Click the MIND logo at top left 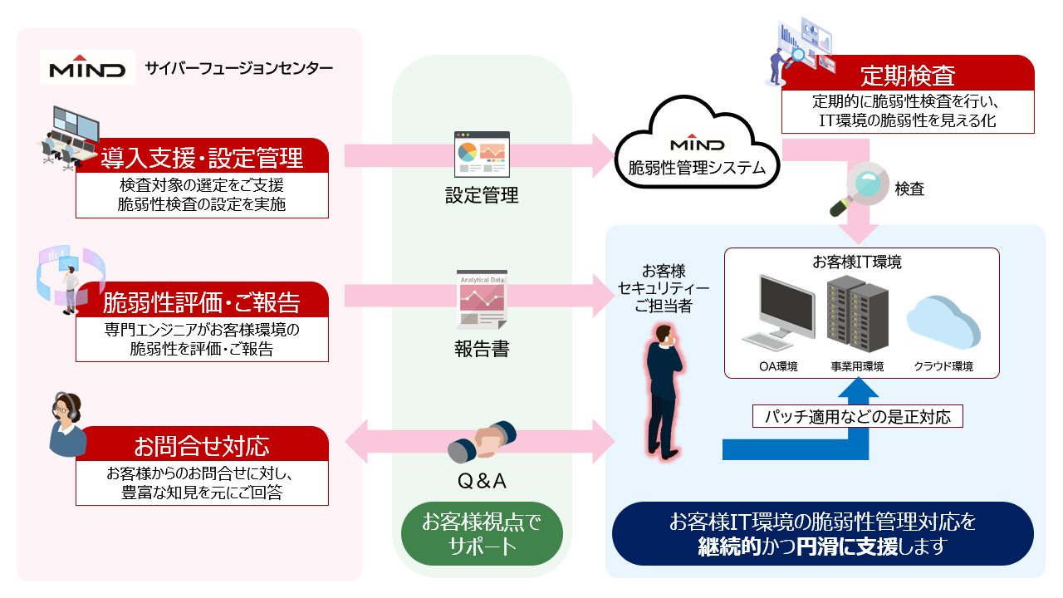(x=87, y=68)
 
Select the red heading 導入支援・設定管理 (x=202, y=156)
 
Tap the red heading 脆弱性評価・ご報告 (x=202, y=300)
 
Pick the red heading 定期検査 (x=908, y=76)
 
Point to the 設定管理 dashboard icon (x=482, y=154)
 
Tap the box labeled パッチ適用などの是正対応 (x=858, y=416)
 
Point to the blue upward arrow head (x=857, y=390)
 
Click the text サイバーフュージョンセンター (x=238, y=68)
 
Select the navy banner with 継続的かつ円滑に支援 (x=822, y=534)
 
